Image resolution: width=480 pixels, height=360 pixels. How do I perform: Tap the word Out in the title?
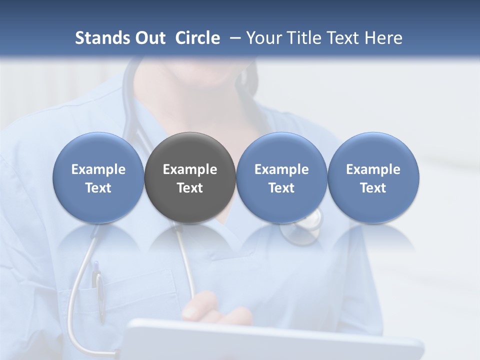point(150,38)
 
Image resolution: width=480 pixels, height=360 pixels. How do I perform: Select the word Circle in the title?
point(197,38)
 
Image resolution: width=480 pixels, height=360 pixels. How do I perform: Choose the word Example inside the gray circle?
point(190,169)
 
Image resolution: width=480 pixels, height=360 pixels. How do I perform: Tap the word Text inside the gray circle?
point(190,188)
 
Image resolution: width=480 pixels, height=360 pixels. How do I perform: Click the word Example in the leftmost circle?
point(98,169)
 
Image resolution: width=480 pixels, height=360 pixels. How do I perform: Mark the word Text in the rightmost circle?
point(373,188)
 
